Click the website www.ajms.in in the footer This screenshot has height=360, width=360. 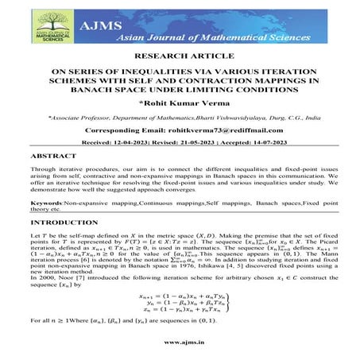click(180, 343)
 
